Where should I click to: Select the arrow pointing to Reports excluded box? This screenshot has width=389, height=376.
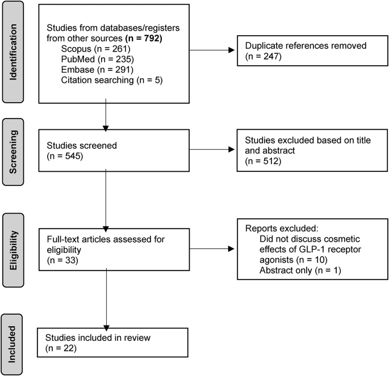coord(214,248)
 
